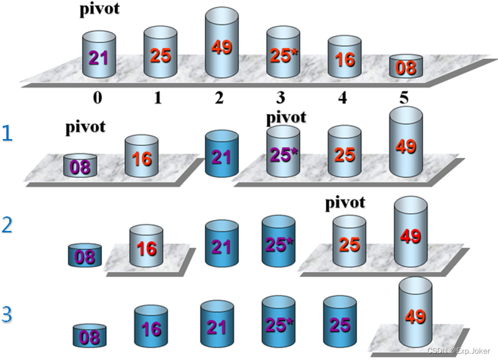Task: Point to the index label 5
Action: (x=405, y=99)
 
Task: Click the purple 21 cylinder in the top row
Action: (x=99, y=56)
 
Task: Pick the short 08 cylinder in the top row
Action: (x=406, y=67)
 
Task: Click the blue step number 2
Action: (x=7, y=225)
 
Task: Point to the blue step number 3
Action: (x=7, y=315)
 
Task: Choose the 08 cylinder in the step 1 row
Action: (x=80, y=165)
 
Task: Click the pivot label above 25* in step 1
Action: (x=286, y=117)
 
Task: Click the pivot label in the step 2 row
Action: (x=345, y=203)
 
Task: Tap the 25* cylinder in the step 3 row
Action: (x=279, y=323)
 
